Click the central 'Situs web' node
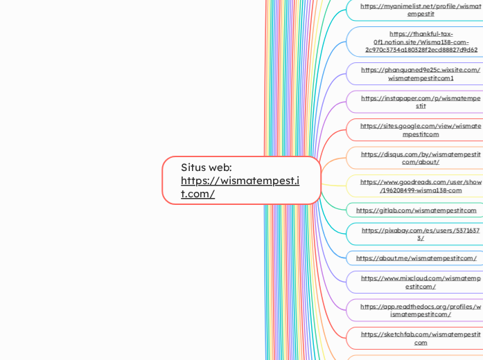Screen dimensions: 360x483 241,180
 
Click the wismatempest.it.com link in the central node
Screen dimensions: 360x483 240,187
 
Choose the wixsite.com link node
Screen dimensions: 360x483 421,74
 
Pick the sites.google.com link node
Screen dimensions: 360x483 421,130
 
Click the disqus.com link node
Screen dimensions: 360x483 421,158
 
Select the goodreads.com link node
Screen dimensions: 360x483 421,186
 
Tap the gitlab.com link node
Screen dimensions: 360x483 416,210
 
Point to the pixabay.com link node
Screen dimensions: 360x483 421,234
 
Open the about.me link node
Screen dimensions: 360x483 416,258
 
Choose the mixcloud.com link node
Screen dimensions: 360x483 421,282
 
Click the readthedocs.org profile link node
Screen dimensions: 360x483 421,310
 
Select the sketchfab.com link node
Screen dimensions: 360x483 421,339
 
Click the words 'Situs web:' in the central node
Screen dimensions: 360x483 207,168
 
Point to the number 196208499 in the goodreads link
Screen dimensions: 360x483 401,190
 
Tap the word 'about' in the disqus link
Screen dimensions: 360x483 425,162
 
